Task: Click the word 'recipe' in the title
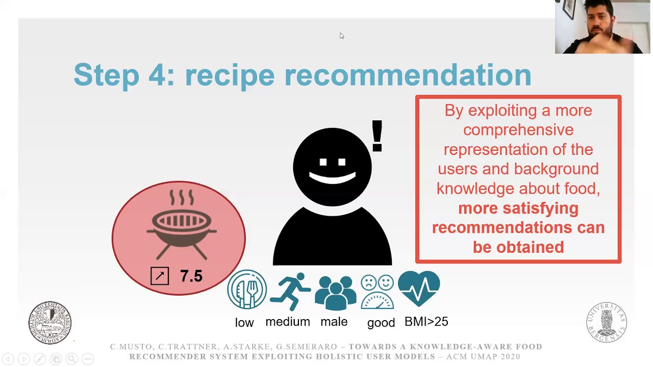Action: click(x=229, y=75)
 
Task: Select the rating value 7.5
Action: click(x=191, y=276)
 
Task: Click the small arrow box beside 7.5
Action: click(x=160, y=276)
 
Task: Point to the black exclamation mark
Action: click(x=377, y=136)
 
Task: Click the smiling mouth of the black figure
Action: click(x=333, y=178)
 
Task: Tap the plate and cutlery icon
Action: click(x=247, y=290)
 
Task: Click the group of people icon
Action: click(x=335, y=293)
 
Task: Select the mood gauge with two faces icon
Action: click(x=378, y=292)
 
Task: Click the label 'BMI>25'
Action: click(x=426, y=322)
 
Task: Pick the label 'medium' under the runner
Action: click(x=288, y=322)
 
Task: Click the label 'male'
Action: click(x=334, y=322)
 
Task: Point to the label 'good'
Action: click(x=381, y=323)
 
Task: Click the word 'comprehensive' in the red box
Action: click(x=518, y=130)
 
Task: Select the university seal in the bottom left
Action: click(x=50, y=322)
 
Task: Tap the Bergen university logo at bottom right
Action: click(x=607, y=323)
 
